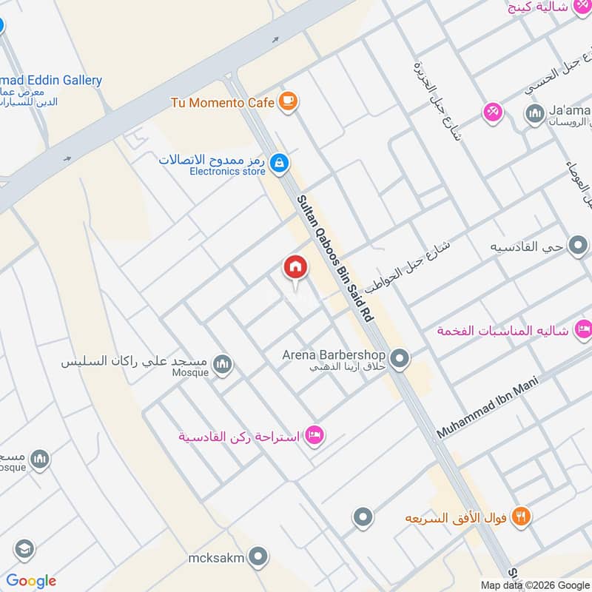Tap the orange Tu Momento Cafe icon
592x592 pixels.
click(x=289, y=103)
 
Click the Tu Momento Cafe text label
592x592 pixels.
click(x=222, y=103)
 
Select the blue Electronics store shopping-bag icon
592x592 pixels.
click(x=278, y=164)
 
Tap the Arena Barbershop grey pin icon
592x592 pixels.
click(x=400, y=360)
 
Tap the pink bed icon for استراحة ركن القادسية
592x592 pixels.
click(x=314, y=436)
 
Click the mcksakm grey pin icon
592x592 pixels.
click(x=258, y=556)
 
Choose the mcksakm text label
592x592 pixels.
click(x=216, y=557)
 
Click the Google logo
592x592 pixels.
click(x=31, y=581)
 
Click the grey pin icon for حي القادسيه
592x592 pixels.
click(x=578, y=246)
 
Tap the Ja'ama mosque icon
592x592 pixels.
click(x=534, y=112)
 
